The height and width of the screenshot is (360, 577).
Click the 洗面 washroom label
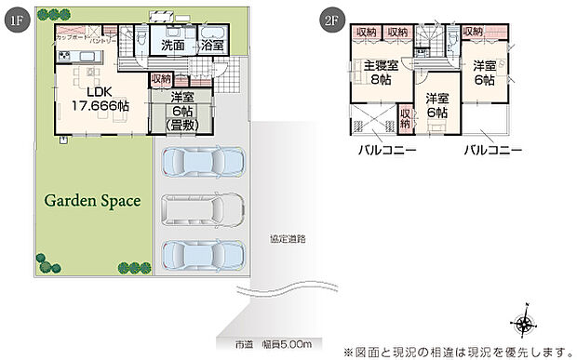(172, 44)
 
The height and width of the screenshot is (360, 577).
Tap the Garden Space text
(91, 200)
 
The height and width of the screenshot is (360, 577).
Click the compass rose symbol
(526, 323)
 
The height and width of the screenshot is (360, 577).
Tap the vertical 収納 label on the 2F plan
(405, 119)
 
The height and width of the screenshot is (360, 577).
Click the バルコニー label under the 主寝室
(384, 150)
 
